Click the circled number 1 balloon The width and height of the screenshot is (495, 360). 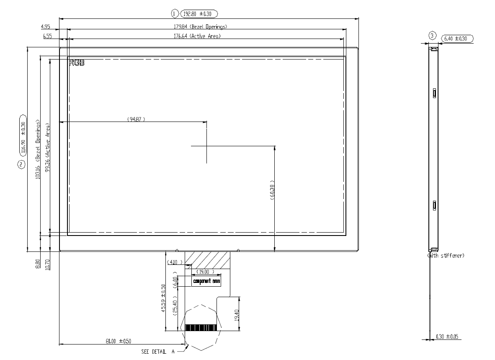(175, 13)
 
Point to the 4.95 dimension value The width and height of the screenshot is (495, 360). (45, 27)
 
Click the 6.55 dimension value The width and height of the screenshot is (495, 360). (47, 36)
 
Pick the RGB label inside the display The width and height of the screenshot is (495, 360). (77, 63)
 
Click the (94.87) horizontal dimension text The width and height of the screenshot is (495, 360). (136, 119)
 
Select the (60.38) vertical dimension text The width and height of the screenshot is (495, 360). (272, 191)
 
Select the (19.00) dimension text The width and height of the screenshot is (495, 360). (205, 272)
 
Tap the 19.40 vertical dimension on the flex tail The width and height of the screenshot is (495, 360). (236, 313)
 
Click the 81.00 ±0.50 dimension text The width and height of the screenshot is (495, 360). (119, 341)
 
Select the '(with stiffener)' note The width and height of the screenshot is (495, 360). (445, 255)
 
